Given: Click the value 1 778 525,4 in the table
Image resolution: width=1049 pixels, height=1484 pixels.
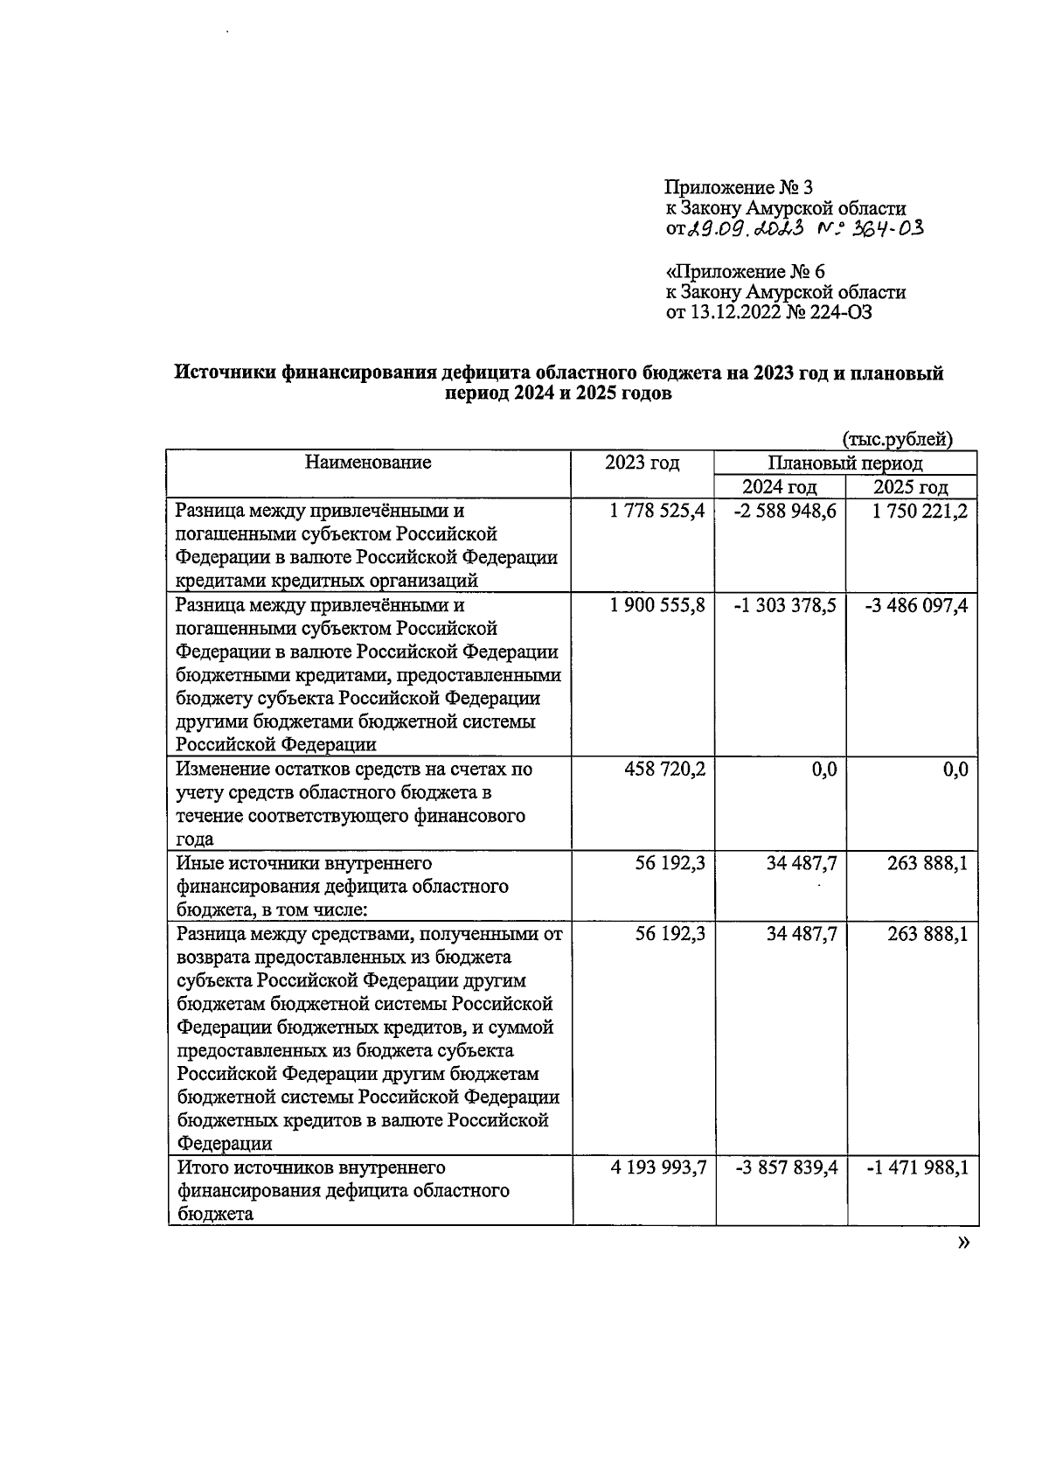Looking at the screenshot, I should pos(657,512).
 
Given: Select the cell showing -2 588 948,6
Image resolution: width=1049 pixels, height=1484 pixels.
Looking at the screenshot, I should pos(787,512).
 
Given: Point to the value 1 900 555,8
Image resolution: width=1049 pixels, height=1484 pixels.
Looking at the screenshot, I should pos(657,606).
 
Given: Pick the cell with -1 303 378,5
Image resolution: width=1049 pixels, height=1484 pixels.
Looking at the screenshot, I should pos(787,606).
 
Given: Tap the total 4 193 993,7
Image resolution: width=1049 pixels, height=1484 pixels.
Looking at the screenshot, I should pos(657,1168).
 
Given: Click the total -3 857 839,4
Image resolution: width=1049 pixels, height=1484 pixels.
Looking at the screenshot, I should pos(787,1168).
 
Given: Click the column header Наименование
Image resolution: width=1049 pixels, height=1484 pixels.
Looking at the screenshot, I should pos(368,463).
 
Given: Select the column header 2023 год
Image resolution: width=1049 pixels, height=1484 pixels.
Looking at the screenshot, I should pos(643,463).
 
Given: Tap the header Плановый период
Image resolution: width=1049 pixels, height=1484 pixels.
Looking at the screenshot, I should pos(845,464).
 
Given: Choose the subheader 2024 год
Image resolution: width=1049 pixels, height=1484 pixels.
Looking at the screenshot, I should pos(780,488).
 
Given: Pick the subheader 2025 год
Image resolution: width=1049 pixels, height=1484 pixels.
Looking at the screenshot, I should pos(911,488).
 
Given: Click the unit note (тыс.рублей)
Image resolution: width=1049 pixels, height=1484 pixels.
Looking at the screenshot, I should pos(897,439).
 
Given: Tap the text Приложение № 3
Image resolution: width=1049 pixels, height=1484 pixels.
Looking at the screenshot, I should pos(739,187).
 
